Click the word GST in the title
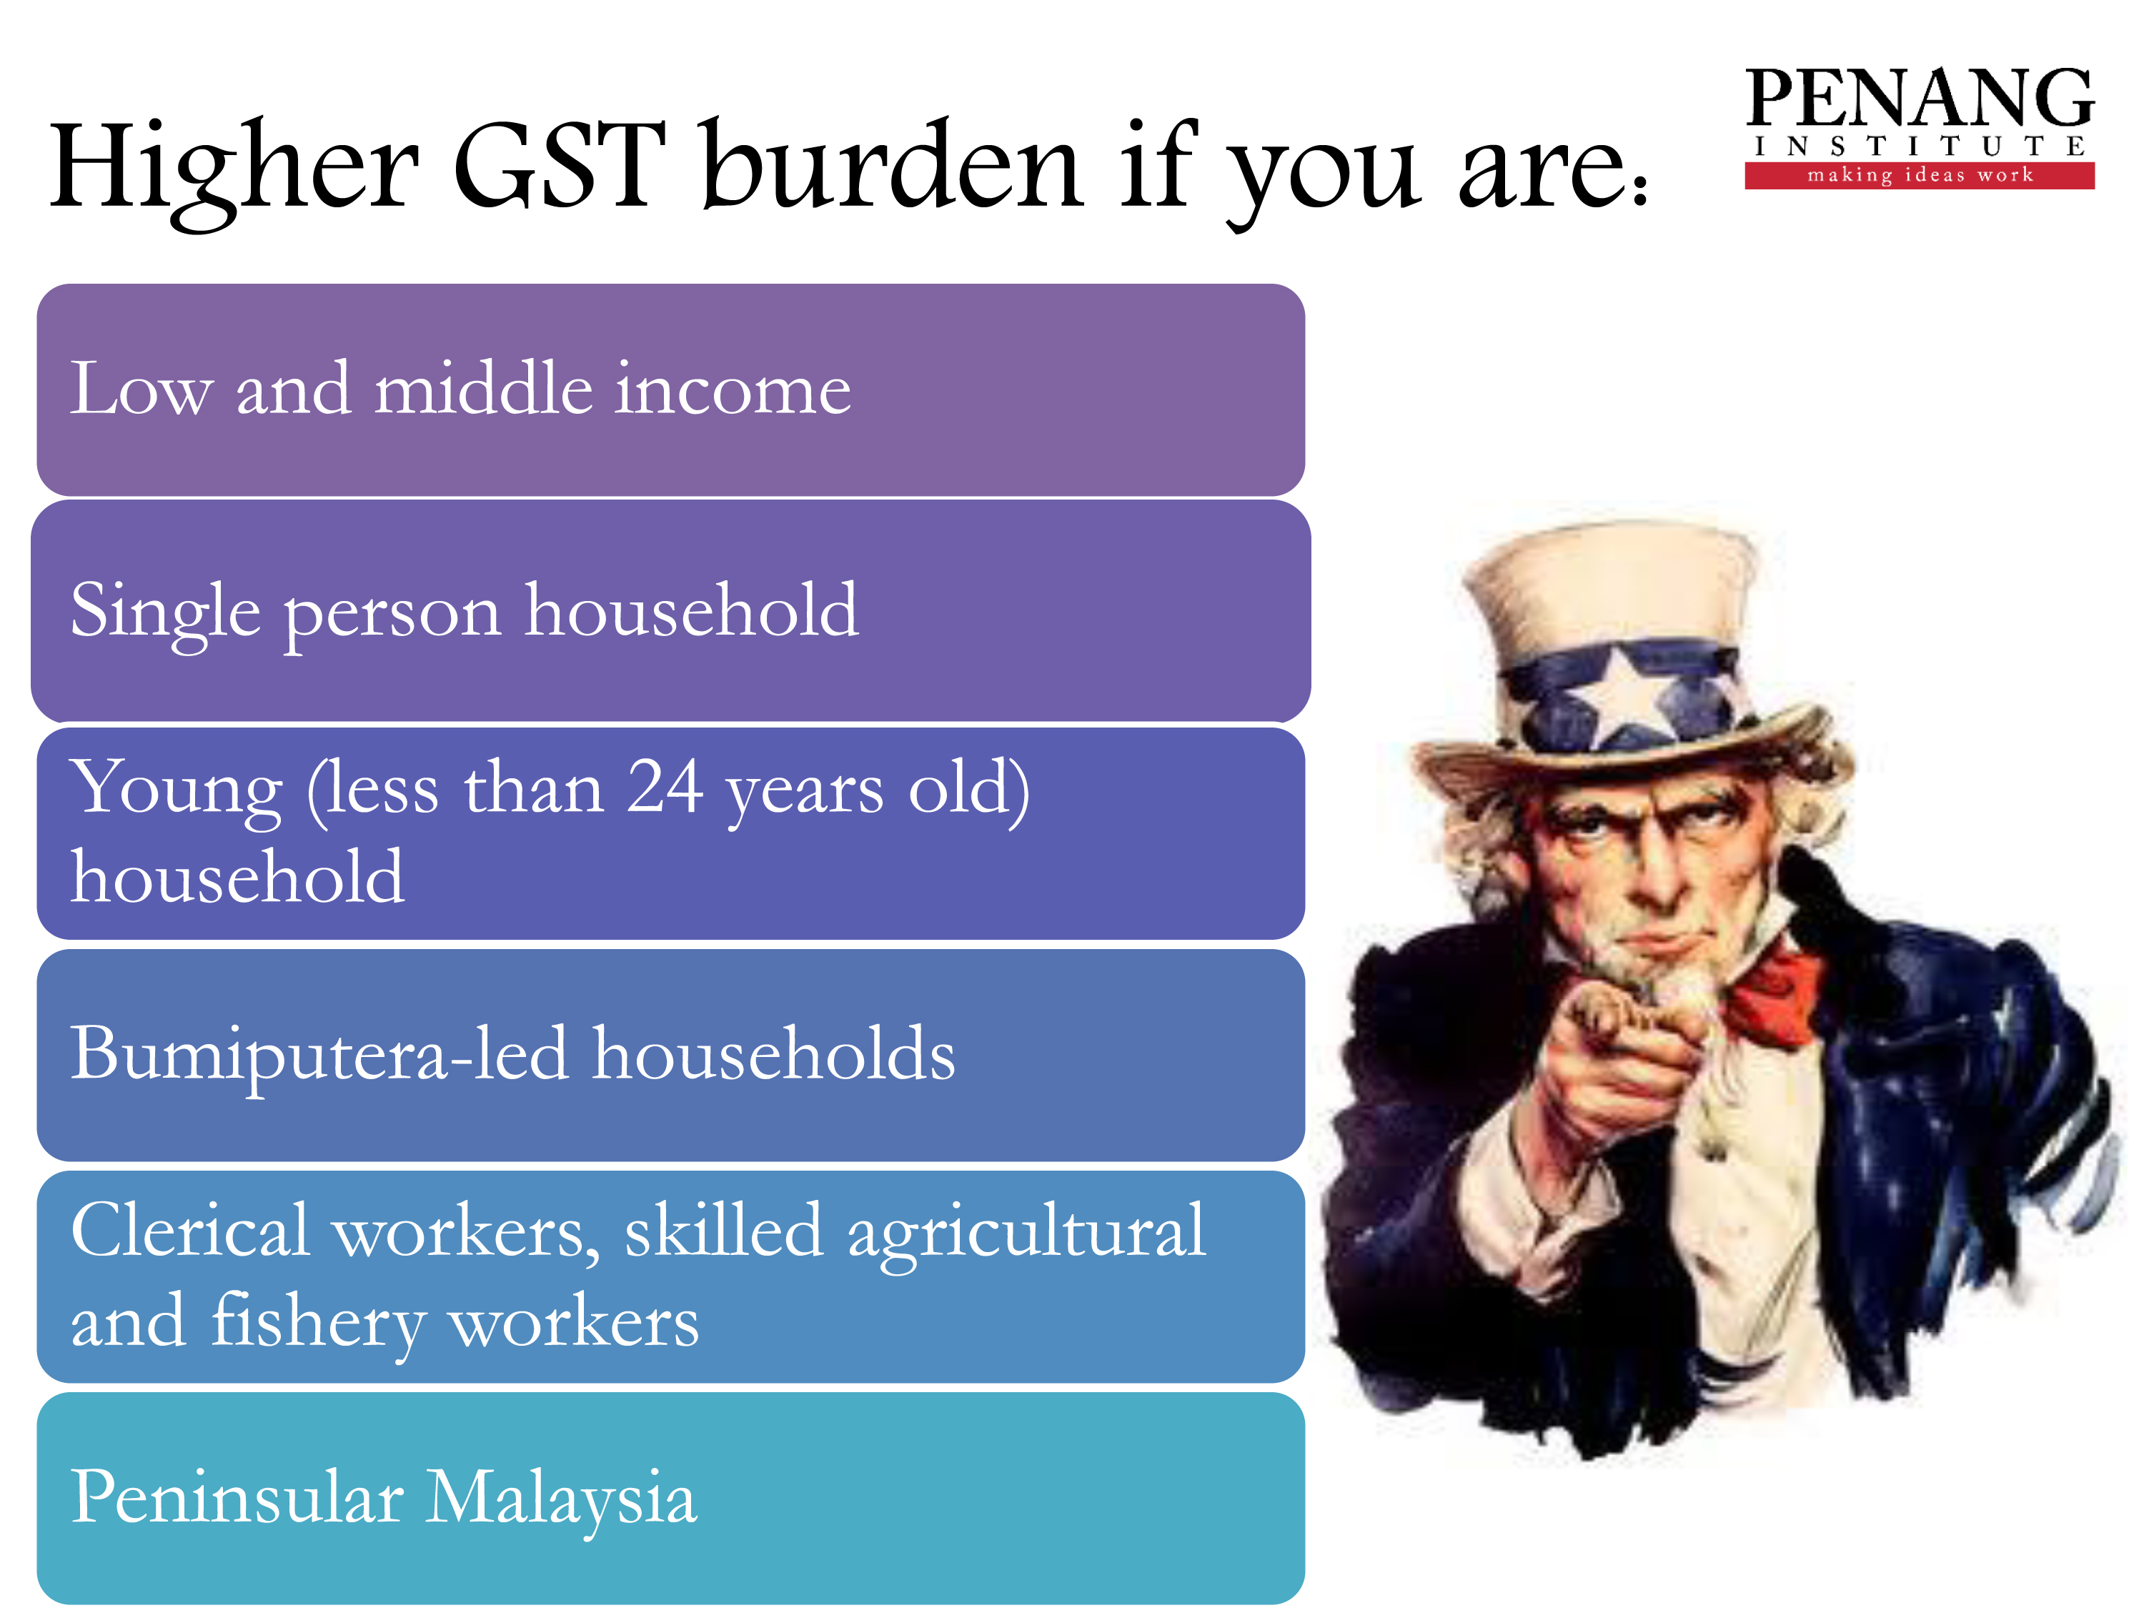pyautogui.click(x=560, y=166)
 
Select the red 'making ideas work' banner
pyautogui.click(x=1920, y=175)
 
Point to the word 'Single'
pyautogui.click(x=166, y=612)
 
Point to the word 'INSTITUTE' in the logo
pyautogui.click(x=1920, y=147)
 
